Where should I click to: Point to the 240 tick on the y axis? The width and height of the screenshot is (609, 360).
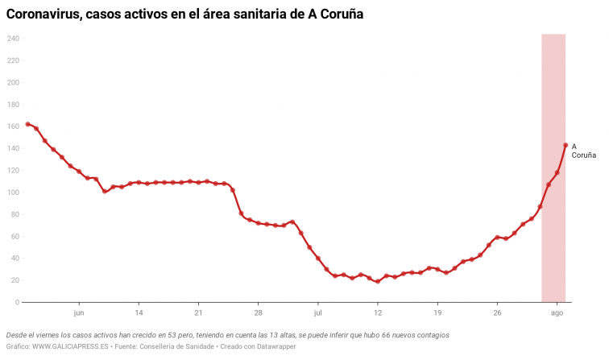point(13,39)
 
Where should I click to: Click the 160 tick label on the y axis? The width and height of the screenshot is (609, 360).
point(13,126)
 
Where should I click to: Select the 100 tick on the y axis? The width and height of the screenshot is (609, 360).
point(13,192)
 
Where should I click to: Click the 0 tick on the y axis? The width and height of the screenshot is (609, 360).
point(17,303)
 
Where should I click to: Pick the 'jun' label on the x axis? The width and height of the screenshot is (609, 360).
point(79,312)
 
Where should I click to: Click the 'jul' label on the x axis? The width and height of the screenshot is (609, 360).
point(318,312)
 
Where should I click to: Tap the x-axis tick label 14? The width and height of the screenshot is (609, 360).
point(139,312)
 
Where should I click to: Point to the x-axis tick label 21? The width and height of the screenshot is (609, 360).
point(198,312)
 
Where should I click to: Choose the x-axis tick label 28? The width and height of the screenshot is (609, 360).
point(258,312)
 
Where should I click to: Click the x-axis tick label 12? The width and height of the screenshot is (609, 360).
point(378,312)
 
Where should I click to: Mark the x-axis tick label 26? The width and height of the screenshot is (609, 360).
point(497,312)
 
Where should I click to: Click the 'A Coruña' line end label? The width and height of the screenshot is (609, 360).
point(583,151)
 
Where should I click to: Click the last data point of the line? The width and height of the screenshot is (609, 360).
point(565,145)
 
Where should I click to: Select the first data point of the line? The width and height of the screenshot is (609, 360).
point(28,124)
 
